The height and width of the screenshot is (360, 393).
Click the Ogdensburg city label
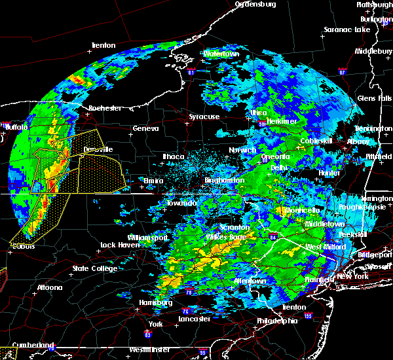click(256, 4)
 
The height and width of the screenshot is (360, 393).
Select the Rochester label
click(105, 108)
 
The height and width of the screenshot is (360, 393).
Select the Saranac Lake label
click(347, 29)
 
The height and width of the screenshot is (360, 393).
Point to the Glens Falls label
click(371, 98)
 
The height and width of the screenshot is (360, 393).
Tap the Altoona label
click(50, 287)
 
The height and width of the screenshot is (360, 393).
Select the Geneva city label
click(145, 128)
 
